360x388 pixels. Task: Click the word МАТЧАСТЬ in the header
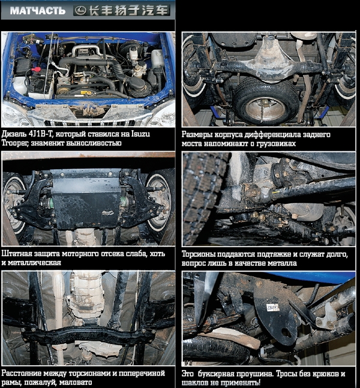tap(38, 11)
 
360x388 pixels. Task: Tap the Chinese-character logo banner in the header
tap(122, 11)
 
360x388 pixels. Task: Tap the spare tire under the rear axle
tap(265, 101)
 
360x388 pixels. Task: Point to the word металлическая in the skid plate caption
tap(34, 263)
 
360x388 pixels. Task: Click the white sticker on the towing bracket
tap(272, 307)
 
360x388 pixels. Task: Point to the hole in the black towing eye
tap(286, 333)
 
